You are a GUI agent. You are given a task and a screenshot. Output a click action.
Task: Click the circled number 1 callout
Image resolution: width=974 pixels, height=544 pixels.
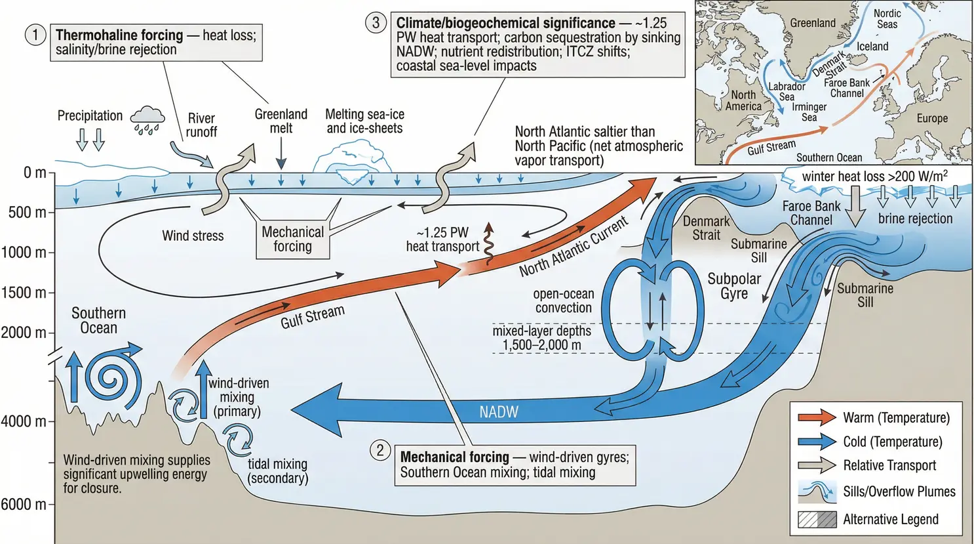tap(35, 35)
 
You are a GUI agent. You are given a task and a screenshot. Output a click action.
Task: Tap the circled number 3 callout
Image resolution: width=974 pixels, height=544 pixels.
tap(376, 23)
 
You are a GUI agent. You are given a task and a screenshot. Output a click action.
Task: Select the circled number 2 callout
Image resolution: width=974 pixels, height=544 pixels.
tap(380, 450)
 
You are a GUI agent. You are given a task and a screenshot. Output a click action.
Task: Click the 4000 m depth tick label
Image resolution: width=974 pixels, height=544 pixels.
tap(24, 421)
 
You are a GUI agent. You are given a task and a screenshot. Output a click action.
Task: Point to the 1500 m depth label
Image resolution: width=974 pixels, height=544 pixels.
tap(24, 293)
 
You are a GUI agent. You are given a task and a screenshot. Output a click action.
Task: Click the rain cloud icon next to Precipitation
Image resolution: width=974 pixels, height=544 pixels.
tap(147, 119)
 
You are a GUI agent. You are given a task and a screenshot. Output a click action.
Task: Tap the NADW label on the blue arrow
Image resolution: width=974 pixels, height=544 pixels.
tap(498, 412)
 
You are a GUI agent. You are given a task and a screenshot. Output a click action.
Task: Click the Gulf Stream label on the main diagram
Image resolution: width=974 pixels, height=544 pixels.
tap(313, 317)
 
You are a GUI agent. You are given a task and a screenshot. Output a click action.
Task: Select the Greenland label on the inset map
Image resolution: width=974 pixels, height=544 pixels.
tap(812, 23)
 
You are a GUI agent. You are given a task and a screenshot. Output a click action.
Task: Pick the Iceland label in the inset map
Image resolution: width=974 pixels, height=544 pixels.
tap(872, 47)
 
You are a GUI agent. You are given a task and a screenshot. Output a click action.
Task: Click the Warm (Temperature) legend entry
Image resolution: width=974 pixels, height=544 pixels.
tap(896, 418)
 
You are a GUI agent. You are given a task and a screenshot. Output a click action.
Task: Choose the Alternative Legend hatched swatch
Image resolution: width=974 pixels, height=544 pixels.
tap(817, 520)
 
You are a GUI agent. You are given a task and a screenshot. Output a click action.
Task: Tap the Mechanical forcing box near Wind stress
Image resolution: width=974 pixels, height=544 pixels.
tap(292, 240)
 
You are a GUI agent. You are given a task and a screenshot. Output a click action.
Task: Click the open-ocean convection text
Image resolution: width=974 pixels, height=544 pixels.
tap(563, 301)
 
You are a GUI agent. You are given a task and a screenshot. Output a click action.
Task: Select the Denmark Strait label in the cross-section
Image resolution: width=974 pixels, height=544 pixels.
tap(706, 228)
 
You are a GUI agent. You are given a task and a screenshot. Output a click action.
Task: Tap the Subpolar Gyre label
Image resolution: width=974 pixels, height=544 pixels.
tap(734, 286)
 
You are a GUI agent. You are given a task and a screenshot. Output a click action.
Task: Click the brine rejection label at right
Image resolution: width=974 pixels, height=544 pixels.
tap(915, 219)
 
